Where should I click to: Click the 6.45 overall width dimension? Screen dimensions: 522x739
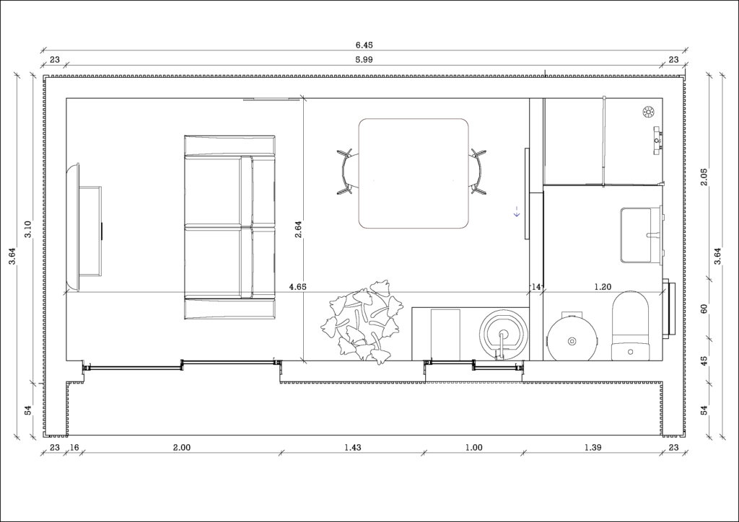[x=364, y=45]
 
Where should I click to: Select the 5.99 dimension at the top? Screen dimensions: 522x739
[x=364, y=60]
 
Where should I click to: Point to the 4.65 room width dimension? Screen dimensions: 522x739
[x=297, y=287]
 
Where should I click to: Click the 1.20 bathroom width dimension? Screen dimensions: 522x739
[x=603, y=287]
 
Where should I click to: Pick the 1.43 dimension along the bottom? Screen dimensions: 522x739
[x=353, y=448]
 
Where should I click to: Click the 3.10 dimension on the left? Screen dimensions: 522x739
[x=28, y=230]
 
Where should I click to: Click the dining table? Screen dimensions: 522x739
[x=414, y=174]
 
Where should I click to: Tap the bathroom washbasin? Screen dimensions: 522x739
[x=641, y=234]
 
